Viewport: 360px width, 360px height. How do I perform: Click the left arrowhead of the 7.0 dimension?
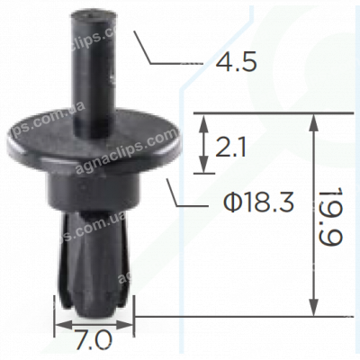click(59, 323)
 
